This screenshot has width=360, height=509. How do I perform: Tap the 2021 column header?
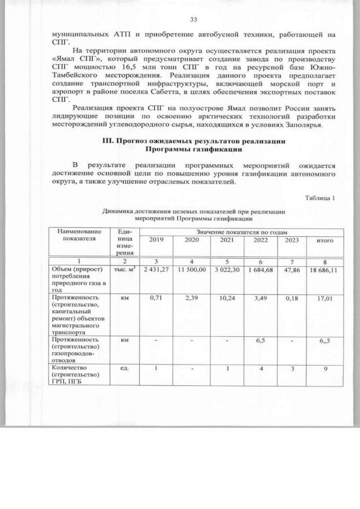click(227, 240)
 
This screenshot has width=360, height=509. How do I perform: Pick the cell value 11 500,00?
click(191, 270)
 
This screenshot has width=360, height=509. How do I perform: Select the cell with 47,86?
click(292, 270)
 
